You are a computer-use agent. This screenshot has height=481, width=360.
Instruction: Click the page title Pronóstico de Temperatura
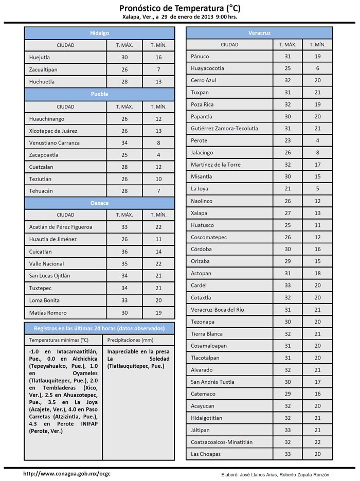(x=179, y=8)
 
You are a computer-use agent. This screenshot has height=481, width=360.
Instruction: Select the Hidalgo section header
(x=99, y=33)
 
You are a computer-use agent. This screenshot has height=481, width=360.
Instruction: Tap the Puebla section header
(x=99, y=94)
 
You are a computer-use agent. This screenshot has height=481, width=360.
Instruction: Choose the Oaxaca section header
(x=99, y=203)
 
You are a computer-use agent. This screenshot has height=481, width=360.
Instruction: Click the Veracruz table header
(x=259, y=33)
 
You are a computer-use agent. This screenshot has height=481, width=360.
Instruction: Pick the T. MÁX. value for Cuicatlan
(x=124, y=252)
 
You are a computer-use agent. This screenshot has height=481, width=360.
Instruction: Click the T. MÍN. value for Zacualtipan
(x=159, y=69)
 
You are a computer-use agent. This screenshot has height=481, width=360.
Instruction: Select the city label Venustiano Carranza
(x=55, y=142)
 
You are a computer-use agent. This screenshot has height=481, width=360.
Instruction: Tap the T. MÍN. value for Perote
(x=318, y=140)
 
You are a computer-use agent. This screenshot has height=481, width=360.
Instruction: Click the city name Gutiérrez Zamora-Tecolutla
(x=224, y=128)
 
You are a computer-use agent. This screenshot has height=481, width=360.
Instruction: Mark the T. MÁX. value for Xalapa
(x=287, y=213)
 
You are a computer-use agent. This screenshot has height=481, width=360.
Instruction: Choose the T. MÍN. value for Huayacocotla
(x=318, y=68)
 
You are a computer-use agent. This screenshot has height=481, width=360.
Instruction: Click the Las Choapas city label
(x=206, y=454)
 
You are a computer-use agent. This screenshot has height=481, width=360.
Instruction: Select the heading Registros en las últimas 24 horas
(x=99, y=328)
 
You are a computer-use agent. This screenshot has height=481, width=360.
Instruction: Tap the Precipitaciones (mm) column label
(x=130, y=340)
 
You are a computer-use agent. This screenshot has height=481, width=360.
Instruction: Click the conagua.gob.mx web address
(x=67, y=474)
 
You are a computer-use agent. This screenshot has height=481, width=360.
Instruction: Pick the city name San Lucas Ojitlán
(x=50, y=276)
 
